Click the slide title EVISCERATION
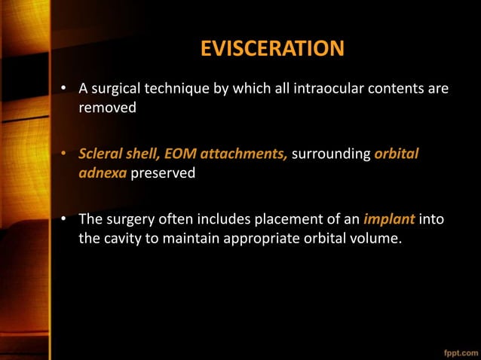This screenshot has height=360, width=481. pyautogui.click(x=271, y=50)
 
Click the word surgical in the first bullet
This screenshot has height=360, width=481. pyautogui.click(x=118, y=90)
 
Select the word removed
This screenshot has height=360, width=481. pyautogui.click(x=108, y=108)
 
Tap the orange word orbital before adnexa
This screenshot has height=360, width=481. pyautogui.click(x=396, y=154)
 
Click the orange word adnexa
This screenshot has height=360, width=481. pyautogui.click(x=103, y=172)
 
